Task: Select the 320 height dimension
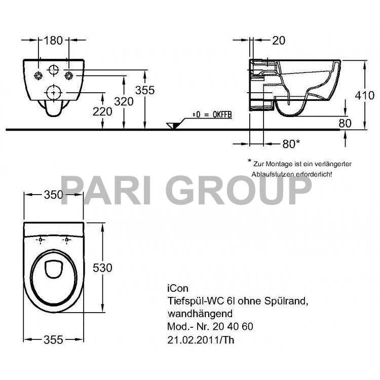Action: point(124,101)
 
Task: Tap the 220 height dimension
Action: point(103,111)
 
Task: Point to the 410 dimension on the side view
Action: point(365,95)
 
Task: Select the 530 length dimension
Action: point(102,267)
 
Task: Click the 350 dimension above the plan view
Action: point(53,195)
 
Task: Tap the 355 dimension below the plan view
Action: point(53,339)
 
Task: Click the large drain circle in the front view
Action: point(54,93)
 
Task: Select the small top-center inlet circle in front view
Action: point(54,70)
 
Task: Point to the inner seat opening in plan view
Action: point(53,270)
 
